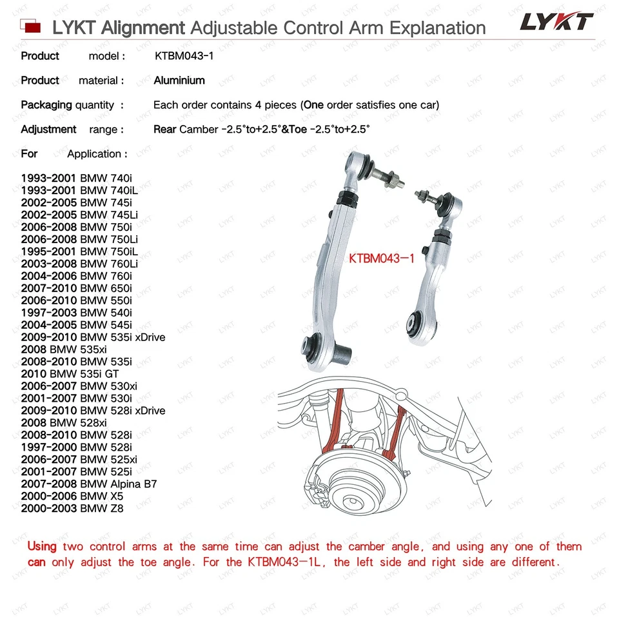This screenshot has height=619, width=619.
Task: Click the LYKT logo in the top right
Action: [x=556, y=22]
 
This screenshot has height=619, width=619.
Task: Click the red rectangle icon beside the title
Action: [x=31, y=27]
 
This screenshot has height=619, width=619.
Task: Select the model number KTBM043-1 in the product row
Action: [x=184, y=56]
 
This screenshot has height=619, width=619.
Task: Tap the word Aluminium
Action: [x=179, y=81]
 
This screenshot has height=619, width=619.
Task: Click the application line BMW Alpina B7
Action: [x=89, y=484]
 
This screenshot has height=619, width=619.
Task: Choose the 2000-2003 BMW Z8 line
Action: [x=72, y=509]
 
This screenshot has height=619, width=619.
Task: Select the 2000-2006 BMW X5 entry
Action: [x=72, y=496]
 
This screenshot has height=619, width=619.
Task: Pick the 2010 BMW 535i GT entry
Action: [x=70, y=373]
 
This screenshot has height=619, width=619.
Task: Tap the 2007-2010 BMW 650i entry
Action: [x=76, y=288]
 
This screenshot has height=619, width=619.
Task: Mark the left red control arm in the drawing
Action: [x=336, y=422]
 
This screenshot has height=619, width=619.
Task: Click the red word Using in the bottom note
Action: [x=42, y=547]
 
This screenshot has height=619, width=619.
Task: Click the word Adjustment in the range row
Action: [x=48, y=130]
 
